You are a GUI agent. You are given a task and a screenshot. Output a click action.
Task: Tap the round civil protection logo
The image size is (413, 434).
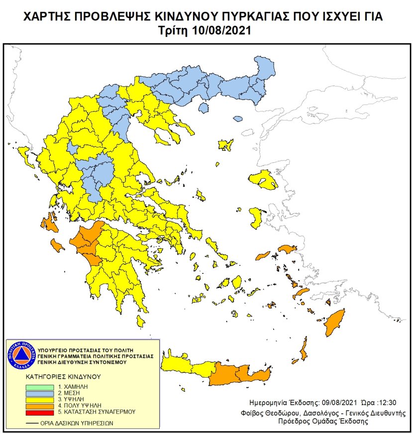pos(21,355)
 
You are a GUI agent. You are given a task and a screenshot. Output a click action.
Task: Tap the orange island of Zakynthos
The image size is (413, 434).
pos(56,245)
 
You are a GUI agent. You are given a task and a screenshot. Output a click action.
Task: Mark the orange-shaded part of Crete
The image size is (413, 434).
pos(239,374)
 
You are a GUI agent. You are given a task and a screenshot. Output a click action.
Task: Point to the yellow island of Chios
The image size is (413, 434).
pos(256,217)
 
